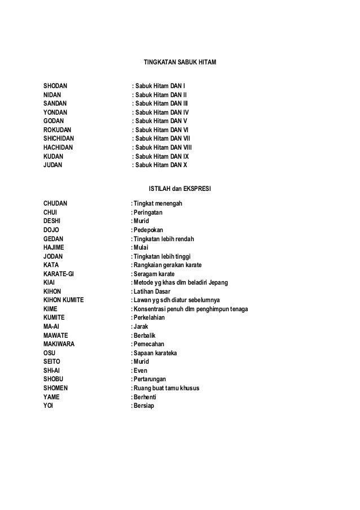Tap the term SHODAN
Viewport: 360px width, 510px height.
click(x=55, y=86)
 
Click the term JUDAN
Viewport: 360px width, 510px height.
click(x=54, y=165)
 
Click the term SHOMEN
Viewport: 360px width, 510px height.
click(x=57, y=388)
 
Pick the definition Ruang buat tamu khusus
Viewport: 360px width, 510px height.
click(x=166, y=388)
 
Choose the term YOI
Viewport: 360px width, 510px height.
click(x=49, y=406)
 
